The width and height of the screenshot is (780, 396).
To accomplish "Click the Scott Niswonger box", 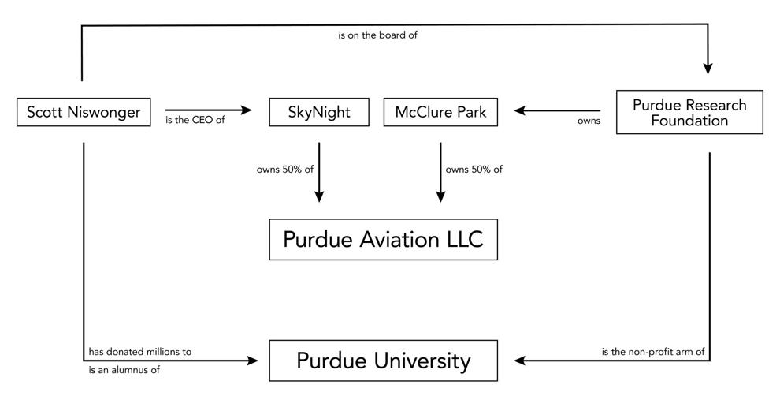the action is coord(84,112).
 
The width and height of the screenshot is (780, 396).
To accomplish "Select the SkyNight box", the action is coord(319,112).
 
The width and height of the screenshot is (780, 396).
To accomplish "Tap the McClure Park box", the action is coord(440,112).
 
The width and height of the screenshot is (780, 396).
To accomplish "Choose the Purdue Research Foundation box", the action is coord(689,112).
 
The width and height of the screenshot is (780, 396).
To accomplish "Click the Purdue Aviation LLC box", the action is coord(383,239).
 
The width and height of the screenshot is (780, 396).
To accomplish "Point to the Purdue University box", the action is coord(383,361).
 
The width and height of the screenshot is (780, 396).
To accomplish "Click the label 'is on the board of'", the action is coord(377,35).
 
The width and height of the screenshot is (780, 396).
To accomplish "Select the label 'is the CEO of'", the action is coord(195,120).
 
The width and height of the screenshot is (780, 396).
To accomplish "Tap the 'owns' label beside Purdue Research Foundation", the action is coord(589,121).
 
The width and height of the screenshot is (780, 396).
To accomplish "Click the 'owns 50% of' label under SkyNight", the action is coord(285,170).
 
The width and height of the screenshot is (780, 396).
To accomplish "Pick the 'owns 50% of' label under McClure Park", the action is coord(474,170).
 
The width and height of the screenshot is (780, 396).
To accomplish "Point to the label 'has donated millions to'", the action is coord(139,352).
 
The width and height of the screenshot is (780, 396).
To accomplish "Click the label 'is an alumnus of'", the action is coord(124,370).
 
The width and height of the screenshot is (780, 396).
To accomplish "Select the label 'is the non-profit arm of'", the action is coord(653,352).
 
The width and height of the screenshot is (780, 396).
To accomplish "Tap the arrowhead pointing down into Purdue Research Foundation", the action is coord(708,69).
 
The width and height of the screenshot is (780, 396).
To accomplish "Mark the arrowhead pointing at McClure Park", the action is coord(520,110).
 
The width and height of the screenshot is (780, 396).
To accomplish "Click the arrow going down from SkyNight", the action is coord(319,172).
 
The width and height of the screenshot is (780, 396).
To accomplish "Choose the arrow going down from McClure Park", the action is coord(440,172).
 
